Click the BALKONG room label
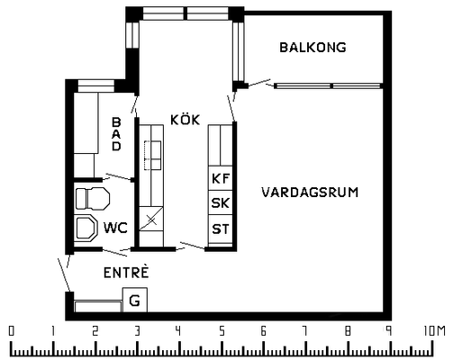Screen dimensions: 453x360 (x=313, y=48)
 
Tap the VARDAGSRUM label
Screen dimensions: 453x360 (x=310, y=192)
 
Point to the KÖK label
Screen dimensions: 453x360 (x=185, y=120)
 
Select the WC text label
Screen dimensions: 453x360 (x=115, y=228)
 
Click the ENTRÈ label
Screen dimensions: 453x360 (x=126, y=272)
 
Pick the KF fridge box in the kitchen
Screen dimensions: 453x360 (x=221, y=178)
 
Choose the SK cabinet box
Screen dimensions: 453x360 (x=221, y=202)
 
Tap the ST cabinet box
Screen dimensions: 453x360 (x=221, y=229)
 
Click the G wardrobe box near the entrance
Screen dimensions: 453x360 (x=135, y=300)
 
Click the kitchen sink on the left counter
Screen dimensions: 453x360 (x=153, y=155)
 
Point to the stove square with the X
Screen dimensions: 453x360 (x=151, y=219)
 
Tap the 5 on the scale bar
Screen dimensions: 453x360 (x=222, y=331)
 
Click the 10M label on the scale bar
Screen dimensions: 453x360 (x=434, y=331)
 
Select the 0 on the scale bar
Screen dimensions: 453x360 (x=11, y=331)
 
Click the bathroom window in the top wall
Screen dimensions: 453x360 (x=96, y=86)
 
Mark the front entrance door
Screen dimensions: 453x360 (x=65, y=274)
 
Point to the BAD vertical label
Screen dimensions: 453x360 (x=116, y=134)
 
